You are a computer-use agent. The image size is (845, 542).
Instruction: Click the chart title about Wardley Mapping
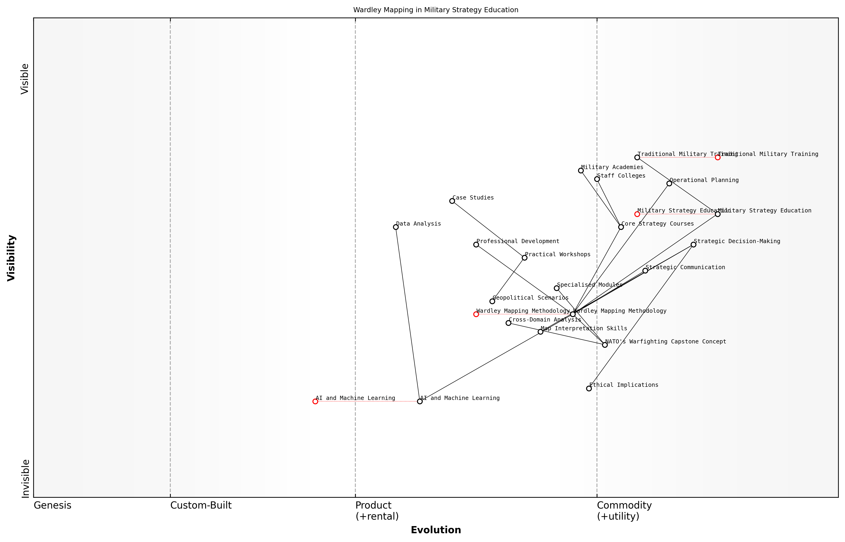tap(435, 10)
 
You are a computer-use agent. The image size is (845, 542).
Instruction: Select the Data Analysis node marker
tap(396, 227)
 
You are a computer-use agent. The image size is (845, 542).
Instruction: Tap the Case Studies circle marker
tap(452, 201)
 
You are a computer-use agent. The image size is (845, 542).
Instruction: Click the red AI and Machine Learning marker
tap(315, 401)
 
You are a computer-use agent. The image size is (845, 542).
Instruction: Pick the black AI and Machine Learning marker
tap(419, 401)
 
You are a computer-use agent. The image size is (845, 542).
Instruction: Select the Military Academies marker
tap(581, 170)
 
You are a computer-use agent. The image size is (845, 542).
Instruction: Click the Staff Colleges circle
tap(597, 179)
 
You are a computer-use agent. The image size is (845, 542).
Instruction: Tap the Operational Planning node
tap(669, 183)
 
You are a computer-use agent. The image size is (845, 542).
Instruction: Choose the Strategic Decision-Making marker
tap(693, 245)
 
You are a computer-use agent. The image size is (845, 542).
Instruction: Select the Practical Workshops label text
tap(557, 254)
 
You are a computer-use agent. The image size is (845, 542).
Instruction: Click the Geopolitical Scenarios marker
tap(492, 301)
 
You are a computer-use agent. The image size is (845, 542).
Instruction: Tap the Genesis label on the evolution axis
tap(52, 505)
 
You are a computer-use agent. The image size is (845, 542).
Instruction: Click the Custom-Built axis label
tap(201, 505)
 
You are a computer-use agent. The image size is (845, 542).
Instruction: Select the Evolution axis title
tap(435, 530)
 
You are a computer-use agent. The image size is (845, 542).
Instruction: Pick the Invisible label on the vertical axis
tap(25, 478)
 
